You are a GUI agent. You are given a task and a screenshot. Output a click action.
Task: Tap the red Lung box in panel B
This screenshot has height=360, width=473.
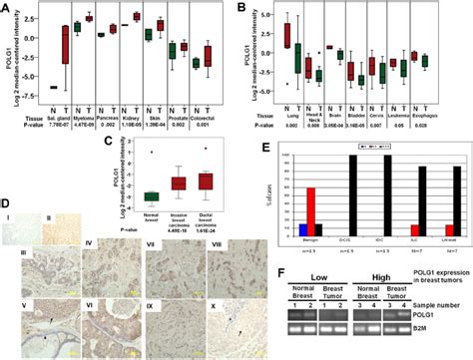click(x=288, y=35)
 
